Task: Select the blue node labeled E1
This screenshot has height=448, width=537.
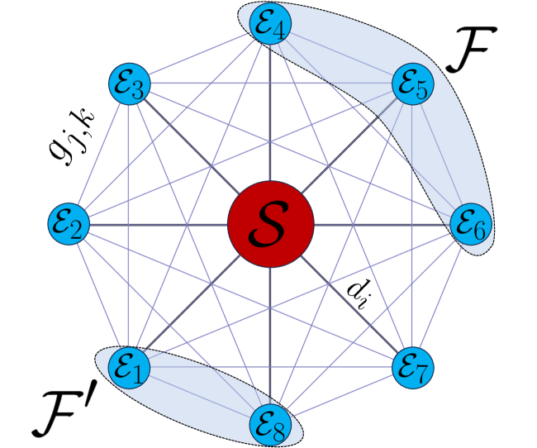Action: (128, 365)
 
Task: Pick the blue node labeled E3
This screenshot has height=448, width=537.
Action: (129, 84)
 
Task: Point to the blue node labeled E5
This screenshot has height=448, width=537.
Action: (413, 84)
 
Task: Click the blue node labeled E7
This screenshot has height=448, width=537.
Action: (413, 364)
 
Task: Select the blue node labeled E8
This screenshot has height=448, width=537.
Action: (271, 423)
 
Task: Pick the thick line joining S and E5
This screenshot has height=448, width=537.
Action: (351, 145)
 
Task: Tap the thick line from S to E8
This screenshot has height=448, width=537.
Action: (271, 339)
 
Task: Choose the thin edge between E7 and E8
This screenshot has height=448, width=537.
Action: (343, 393)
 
